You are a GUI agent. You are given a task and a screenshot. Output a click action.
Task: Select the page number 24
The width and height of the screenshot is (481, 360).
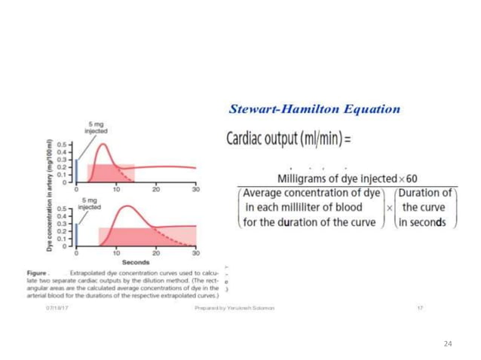click(448, 343)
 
